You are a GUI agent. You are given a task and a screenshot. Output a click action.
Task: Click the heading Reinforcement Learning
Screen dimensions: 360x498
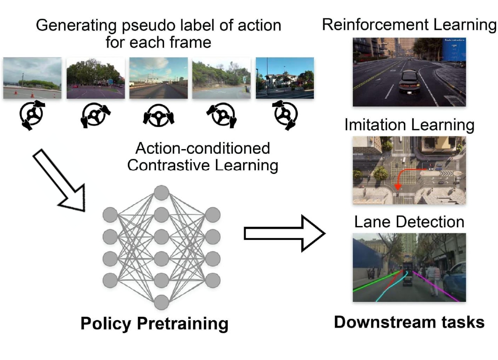coord(409,25)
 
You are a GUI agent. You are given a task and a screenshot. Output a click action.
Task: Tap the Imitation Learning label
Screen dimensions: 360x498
coord(409,125)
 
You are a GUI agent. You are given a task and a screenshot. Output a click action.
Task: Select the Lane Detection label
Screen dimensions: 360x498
coord(409,221)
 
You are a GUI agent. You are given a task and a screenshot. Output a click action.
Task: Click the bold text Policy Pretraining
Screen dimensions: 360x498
coord(154,323)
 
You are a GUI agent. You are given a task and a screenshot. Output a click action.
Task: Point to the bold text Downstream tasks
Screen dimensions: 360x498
coord(409,322)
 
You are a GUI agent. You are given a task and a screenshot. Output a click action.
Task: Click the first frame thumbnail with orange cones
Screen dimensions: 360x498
coord(32,78)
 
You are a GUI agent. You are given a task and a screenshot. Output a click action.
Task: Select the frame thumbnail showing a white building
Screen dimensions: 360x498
coord(284,78)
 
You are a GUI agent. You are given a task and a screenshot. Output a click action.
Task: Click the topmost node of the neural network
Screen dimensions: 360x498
coord(161,192)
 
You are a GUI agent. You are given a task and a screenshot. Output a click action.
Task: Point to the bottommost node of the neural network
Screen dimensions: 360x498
coord(161,302)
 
